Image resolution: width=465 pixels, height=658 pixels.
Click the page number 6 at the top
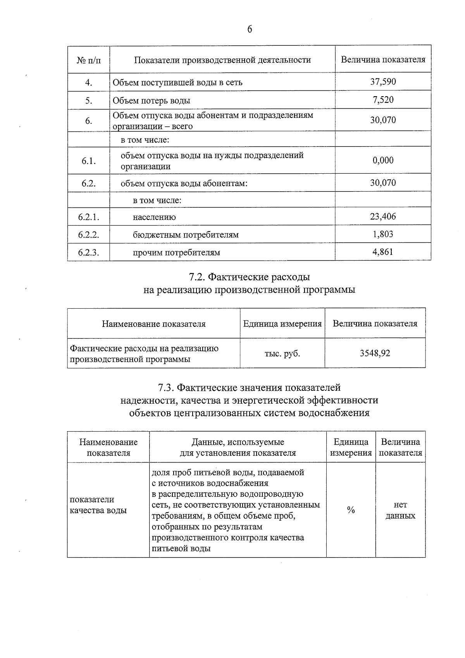pyautogui.click(x=250, y=29)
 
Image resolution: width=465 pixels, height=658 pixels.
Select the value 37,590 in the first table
pyautogui.click(x=383, y=81)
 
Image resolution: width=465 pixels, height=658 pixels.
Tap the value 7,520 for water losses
pyautogui.click(x=383, y=100)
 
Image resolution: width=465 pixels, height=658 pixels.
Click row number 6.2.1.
pyautogui.click(x=89, y=217)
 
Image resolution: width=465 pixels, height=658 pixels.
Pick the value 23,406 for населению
pyautogui.click(x=383, y=216)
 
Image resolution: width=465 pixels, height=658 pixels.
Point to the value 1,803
pyautogui.click(x=383, y=234)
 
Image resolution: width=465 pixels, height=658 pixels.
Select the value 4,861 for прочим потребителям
pyautogui.click(x=383, y=252)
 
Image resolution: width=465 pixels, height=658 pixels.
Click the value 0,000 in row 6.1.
pyautogui.click(x=383, y=160)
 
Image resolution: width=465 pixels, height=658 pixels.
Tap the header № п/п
pyautogui.click(x=89, y=60)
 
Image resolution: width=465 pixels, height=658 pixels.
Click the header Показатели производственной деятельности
pyautogui.click(x=222, y=60)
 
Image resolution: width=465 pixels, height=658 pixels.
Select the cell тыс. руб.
pyautogui.click(x=282, y=353)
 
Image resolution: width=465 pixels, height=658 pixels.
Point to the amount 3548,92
pyautogui.click(x=375, y=353)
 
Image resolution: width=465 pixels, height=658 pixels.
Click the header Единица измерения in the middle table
pyautogui.click(x=282, y=324)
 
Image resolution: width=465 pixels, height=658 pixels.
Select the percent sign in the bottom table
pyautogui.click(x=351, y=510)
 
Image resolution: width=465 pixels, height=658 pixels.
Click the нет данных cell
pyautogui.click(x=400, y=510)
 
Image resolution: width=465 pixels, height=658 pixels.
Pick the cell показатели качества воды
pyautogui.click(x=98, y=505)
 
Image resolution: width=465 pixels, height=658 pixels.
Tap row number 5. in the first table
pyautogui.click(x=89, y=100)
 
